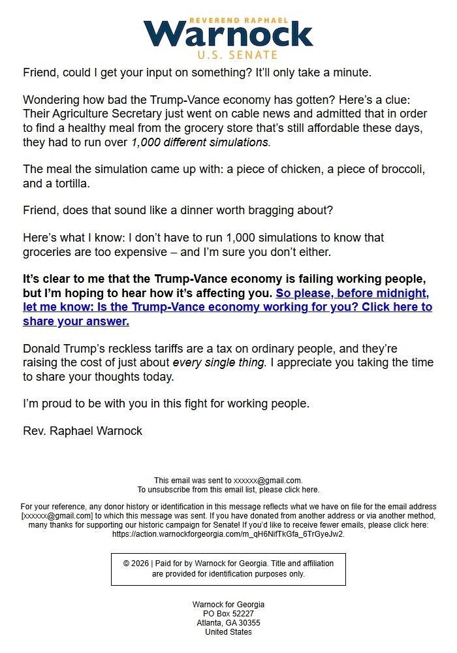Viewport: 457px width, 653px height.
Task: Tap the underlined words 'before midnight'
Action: tap(382, 293)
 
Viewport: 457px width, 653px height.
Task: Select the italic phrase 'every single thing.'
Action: tap(219, 362)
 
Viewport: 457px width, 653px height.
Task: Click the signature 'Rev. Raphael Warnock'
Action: tap(82, 430)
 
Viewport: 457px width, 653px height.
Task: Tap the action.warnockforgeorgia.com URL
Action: tap(228, 534)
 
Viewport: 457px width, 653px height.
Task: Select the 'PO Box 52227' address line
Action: tap(228, 614)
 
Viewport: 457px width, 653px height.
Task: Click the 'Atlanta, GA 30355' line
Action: tap(228, 623)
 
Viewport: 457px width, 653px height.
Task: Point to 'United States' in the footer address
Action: tap(228, 632)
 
